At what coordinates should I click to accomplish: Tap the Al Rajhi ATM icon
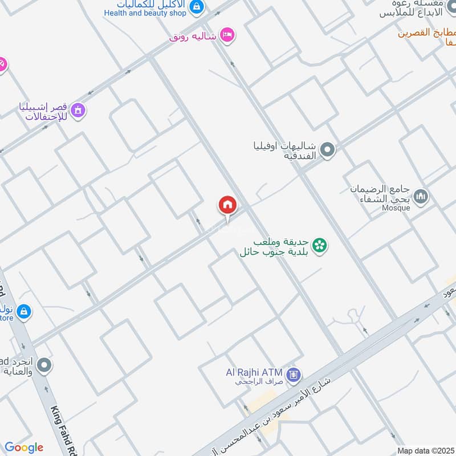click(x=294, y=374)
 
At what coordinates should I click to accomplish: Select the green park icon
click(x=321, y=245)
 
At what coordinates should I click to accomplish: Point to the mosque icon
click(x=421, y=197)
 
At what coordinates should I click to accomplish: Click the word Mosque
click(x=396, y=208)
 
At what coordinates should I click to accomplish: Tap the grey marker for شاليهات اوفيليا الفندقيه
click(x=327, y=150)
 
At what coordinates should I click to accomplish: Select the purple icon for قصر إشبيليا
click(x=78, y=109)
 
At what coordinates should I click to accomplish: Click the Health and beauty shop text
click(x=145, y=13)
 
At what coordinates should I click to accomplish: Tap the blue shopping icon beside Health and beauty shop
click(x=197, y=7)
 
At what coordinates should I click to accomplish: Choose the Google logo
click(x=24, y=447)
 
